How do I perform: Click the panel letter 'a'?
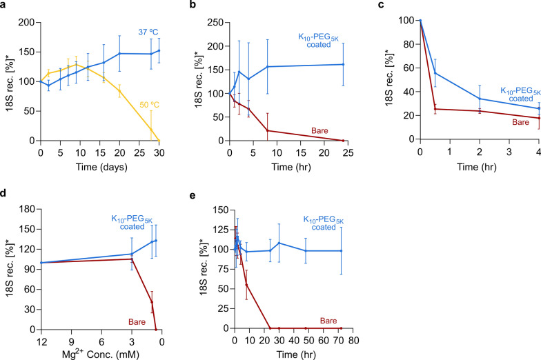(x=4, y=6)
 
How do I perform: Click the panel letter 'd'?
(x=4, y=195)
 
